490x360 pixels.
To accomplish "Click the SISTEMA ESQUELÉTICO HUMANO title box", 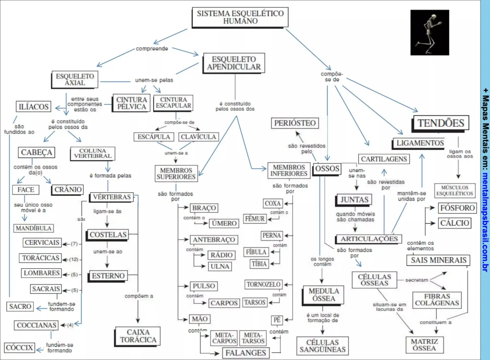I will click(x=240, y=17).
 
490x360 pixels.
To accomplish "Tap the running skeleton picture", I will click(x=430, y=32).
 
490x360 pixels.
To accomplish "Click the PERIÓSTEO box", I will click(x=295, y=123).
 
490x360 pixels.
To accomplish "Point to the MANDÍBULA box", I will click(x=33, y=229).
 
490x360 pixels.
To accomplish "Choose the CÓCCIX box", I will click(x=20, y=348).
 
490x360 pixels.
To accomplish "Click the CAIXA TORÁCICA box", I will click(x=138, y=336).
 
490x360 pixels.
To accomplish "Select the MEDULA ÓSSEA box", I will click(x=323, y=295).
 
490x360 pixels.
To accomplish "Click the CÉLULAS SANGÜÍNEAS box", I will click(x=322, y=346).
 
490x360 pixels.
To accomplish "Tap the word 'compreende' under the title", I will click(x=152, y=49).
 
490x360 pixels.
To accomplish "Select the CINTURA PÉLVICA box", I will click(x=131, y=103).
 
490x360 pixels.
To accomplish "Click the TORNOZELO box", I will click(x=263, y=284).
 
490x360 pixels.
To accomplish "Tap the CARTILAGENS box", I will click(x=384, y=159).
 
